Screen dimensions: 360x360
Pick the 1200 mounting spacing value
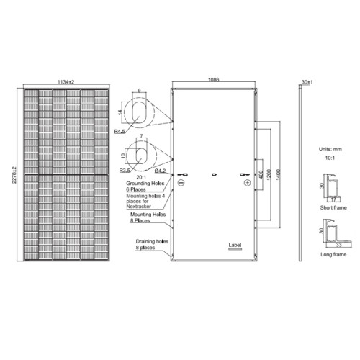(267, 175)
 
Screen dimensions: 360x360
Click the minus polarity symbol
(181, 184)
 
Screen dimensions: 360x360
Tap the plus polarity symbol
(247, 184)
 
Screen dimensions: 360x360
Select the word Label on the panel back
(234, 246)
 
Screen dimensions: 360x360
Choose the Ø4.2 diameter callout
(161, 171)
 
